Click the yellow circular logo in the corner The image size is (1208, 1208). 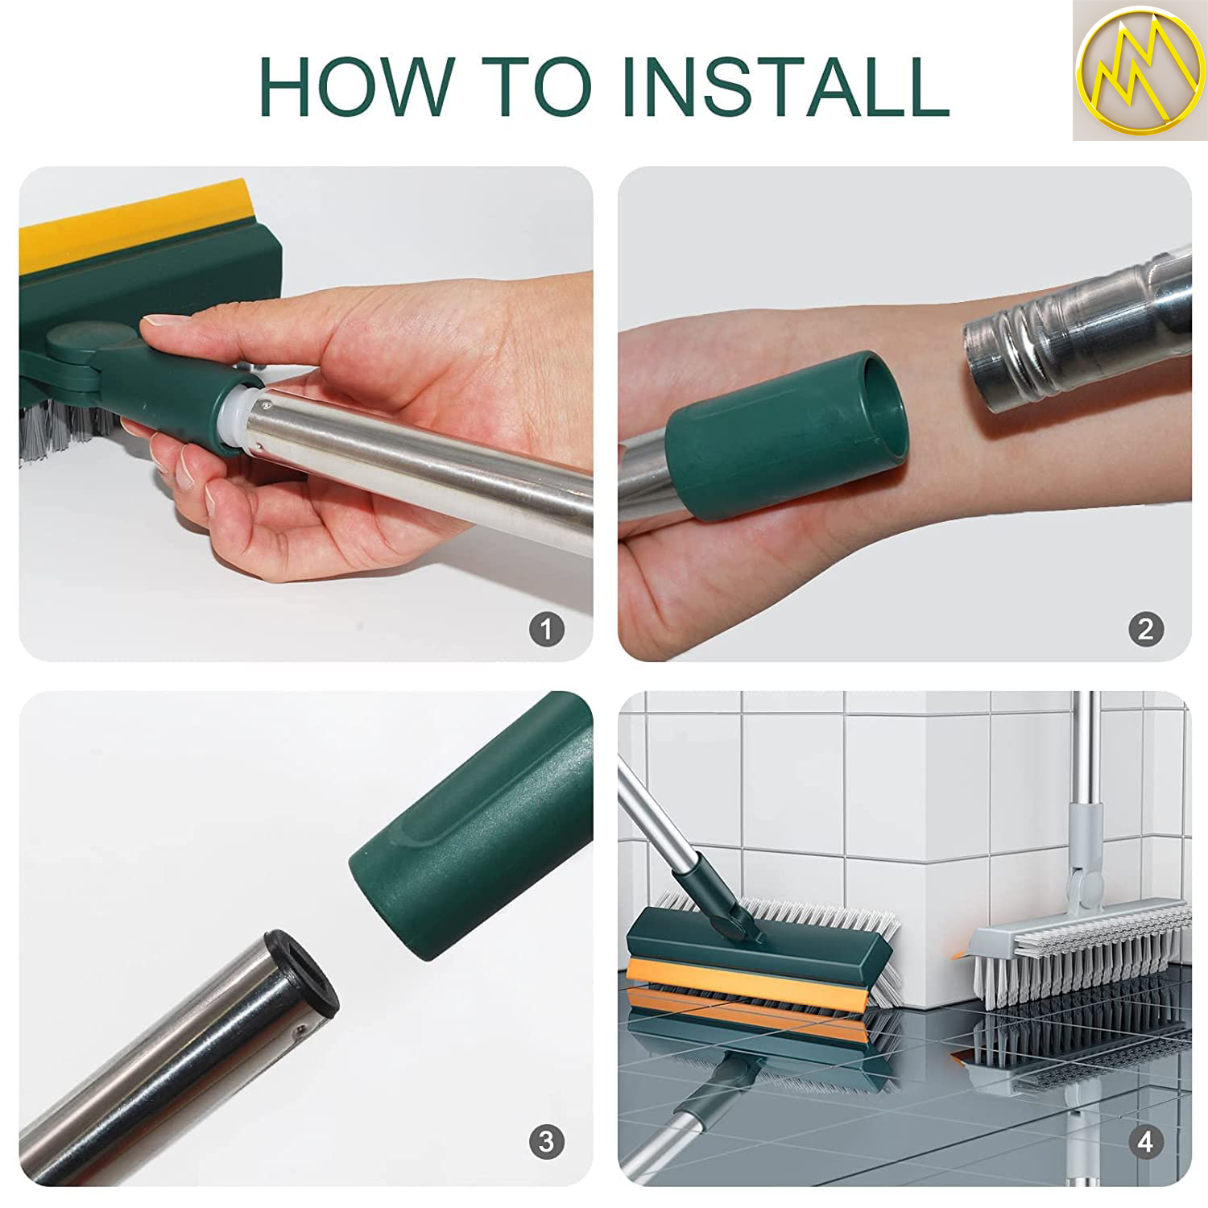(1138, 71)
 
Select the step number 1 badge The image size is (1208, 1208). (546, 628)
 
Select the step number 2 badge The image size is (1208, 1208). (1146, 628)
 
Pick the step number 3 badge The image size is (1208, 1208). (546, 1141)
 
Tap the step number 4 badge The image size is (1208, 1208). (1146, 1141)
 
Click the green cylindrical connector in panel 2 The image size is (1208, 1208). (785, 435)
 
